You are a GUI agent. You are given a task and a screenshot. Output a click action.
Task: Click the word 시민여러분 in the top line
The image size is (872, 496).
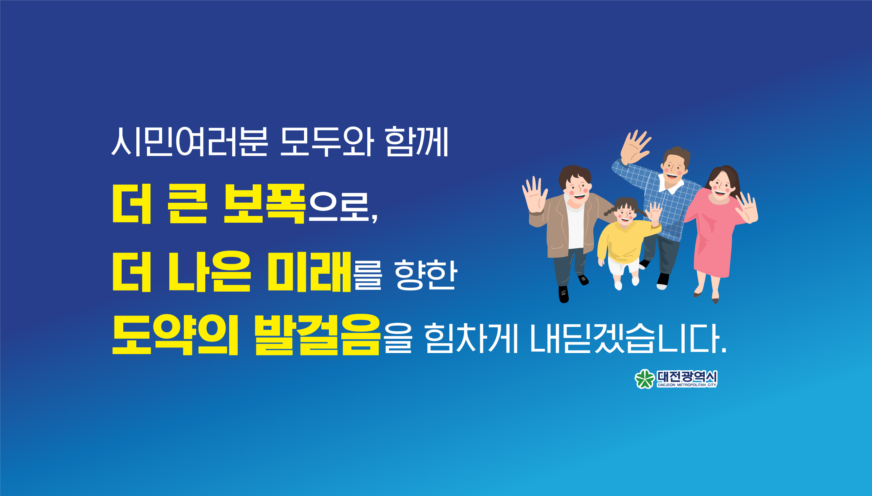click(190, 141)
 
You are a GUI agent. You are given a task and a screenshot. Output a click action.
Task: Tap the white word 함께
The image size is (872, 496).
click(416, 141)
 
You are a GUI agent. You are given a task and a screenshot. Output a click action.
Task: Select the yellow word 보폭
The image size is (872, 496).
click(264, 204)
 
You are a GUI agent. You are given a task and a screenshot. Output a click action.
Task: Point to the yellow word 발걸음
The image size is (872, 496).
click(317, 335)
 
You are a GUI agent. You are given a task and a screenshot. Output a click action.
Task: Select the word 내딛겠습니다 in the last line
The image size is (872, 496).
click(628, 338)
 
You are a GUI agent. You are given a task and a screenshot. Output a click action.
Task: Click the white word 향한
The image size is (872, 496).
click(426, 275)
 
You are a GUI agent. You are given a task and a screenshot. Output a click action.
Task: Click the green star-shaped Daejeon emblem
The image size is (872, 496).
click(644, 379)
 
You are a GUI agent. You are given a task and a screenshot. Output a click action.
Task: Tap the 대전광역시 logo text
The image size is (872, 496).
click(687, 377)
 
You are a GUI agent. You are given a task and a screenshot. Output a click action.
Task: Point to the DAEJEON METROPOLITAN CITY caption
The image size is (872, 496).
click(687, 385)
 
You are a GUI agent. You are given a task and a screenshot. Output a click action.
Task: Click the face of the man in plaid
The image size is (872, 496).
click(673, 168)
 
